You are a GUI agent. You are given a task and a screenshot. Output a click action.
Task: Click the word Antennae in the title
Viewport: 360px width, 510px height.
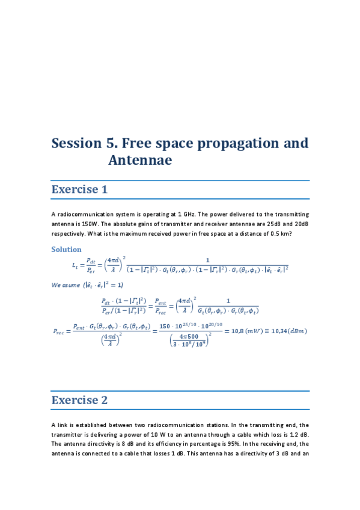coord(140,161)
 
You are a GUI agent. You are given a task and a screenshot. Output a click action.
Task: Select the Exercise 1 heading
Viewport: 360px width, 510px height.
coord(79,189)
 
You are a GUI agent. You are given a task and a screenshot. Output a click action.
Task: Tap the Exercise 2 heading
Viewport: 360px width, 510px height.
coord(79,401)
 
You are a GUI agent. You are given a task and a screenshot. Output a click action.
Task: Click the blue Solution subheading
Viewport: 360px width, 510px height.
coord(66,249)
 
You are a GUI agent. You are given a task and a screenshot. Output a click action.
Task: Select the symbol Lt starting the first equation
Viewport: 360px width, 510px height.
coord(75,265)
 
